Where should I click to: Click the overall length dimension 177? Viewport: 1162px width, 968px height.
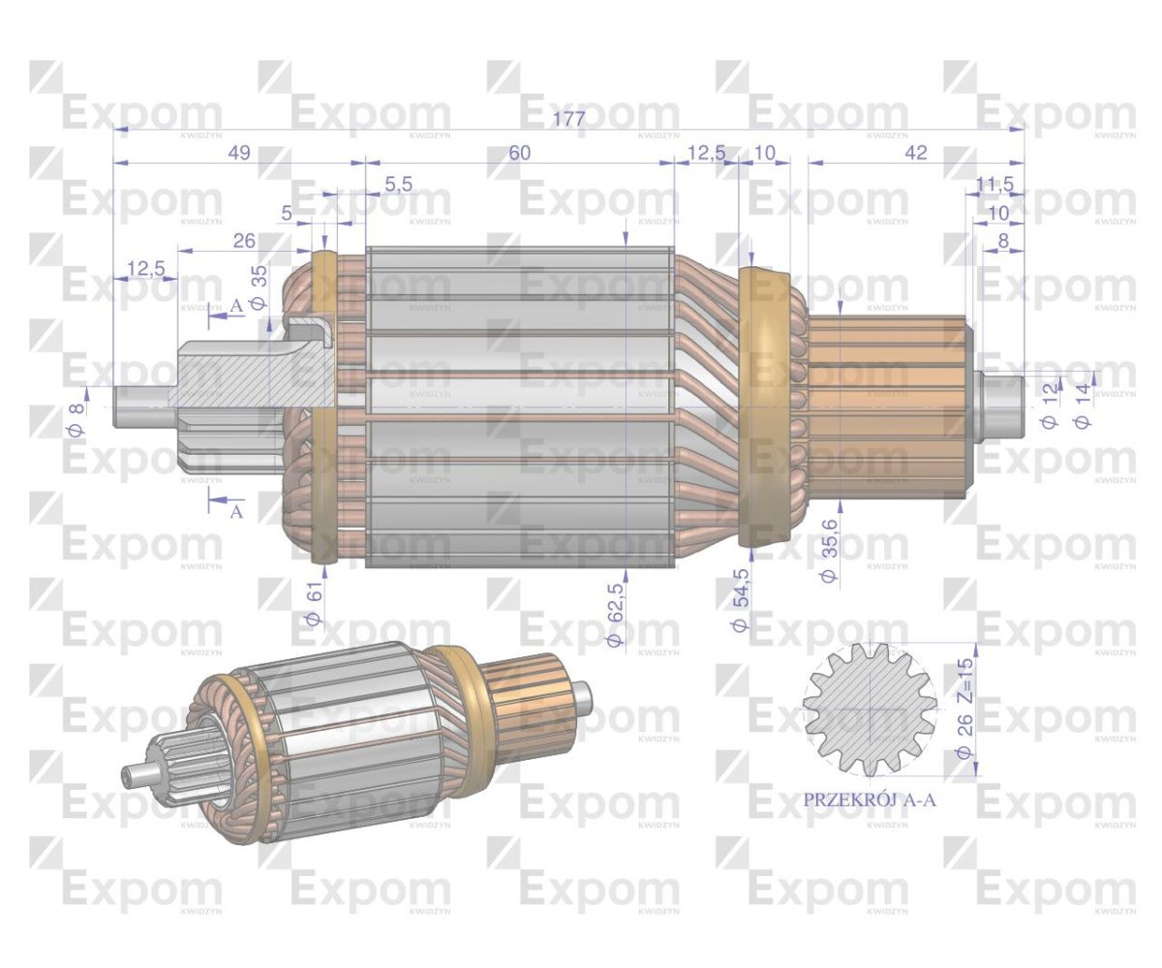[x=568, y=119]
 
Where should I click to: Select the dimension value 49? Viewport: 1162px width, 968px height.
[x=240, y=152]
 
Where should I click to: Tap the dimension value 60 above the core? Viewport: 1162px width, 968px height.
[x=520, y=152]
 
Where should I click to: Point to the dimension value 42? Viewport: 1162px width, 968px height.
[x=916, y=152]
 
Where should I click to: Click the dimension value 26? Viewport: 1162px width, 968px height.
[x=244, y=241]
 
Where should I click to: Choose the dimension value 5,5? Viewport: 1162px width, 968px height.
[x=398, y=184]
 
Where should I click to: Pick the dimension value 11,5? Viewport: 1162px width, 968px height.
[x=994, y=184]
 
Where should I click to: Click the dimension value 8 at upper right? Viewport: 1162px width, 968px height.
[x=1003, y=241]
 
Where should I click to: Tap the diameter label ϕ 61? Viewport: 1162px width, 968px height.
[x=315, y=608]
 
